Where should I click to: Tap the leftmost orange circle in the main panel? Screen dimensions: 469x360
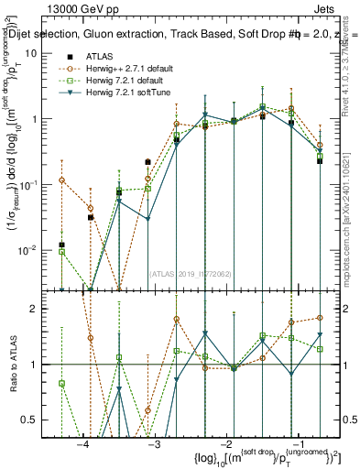pos(61,180)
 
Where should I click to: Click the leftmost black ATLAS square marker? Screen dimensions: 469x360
pos(61,245)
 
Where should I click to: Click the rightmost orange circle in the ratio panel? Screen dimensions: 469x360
pos(320,318)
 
